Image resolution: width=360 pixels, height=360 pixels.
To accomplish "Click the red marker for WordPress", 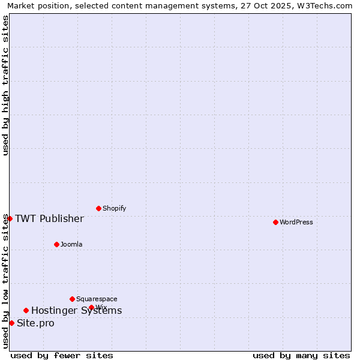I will click(275, 222).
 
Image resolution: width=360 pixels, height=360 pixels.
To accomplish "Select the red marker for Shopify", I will click(98, 208).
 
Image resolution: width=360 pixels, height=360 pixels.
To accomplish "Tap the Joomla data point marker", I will click(56, 244).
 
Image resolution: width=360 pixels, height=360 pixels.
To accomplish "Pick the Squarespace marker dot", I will click(72, 299).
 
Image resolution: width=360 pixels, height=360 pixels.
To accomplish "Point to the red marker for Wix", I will click(91, 307).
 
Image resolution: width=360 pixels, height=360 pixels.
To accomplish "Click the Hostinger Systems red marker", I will click(26, 310).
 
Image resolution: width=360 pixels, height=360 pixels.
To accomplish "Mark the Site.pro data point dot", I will click(11, 323).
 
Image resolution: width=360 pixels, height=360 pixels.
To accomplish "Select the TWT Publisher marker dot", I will click(10, 218).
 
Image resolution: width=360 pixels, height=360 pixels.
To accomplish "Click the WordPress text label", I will click(296, 222).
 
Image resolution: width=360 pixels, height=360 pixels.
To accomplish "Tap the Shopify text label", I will click(114, 208).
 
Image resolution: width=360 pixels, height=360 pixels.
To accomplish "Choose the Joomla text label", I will click(71, 244).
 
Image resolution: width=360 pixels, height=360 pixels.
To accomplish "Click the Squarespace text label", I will click(97, 299).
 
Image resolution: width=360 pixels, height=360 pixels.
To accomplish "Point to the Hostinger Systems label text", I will click(76, 310).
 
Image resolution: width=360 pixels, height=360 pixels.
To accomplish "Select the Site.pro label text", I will click(35, 323).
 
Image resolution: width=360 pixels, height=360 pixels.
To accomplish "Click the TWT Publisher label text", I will click(49, 218).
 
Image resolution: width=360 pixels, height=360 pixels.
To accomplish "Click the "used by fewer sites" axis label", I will click(62, 355).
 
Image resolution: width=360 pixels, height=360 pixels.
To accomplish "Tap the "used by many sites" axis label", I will click(301, 355).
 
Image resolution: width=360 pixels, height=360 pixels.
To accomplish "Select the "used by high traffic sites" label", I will click(5, 85).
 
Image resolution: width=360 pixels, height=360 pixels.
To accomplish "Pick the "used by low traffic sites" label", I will click(5, 281).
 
